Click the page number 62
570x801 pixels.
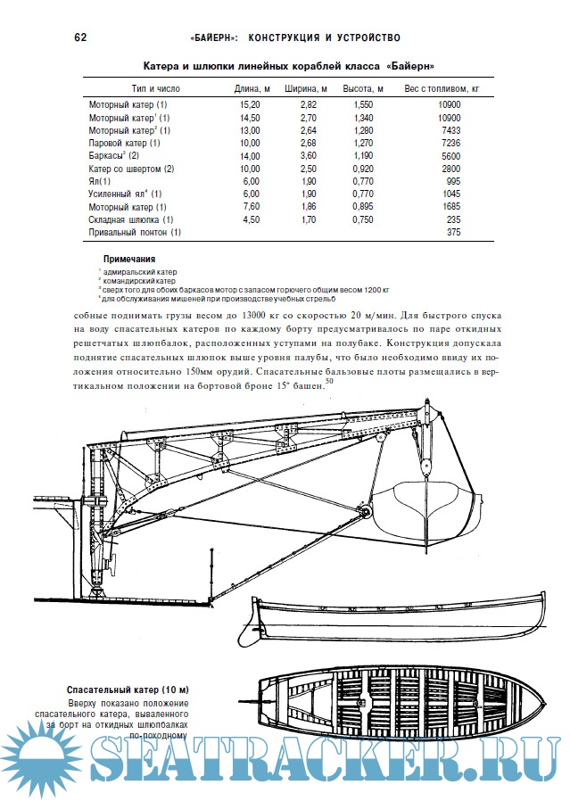point(79,38)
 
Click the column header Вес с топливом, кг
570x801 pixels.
point(442,89)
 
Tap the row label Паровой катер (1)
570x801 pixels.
point(124,143)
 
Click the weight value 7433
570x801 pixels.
point(450,130)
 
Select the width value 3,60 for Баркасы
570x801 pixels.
point(306,156)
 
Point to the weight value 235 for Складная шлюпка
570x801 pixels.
point(453,219)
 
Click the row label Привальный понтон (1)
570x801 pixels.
point(135,232)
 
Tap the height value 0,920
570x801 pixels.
point(360,169)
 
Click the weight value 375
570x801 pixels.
point(453,232)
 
